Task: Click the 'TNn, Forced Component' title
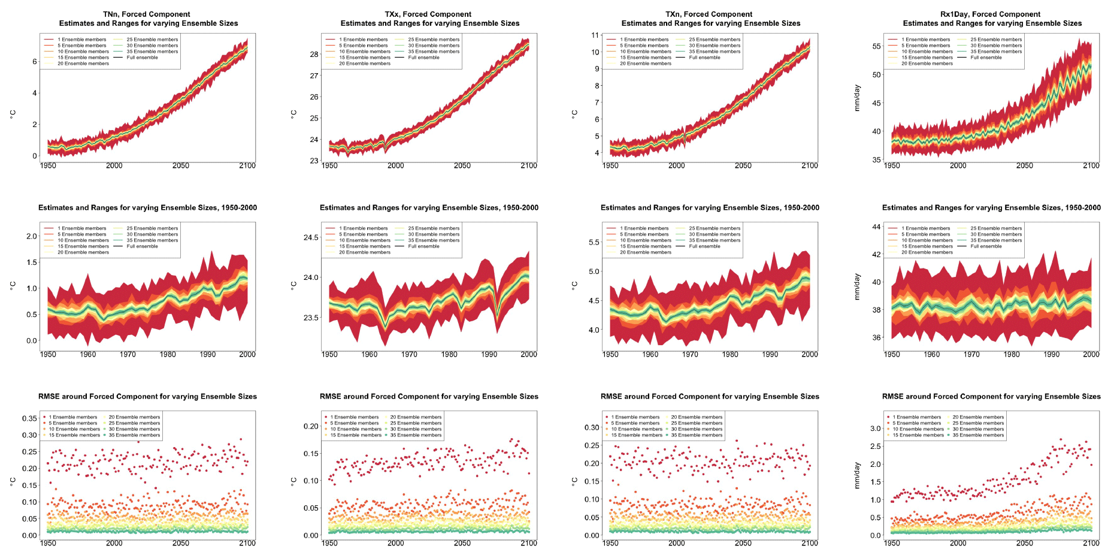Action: [x=147, y=14]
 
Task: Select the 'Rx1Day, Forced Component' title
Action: [x=990, y=14]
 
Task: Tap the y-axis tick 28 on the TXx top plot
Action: [x=314, y=54]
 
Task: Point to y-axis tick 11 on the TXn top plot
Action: [x=595, y=35]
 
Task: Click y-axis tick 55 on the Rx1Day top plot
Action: [x=876, y=46]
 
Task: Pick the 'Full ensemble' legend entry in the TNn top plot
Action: [x=142, y=58]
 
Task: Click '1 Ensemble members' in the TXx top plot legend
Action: [x=363, y=40]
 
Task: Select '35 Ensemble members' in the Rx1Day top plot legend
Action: [x=996, y=52]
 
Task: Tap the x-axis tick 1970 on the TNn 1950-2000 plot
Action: [x=128, y=354]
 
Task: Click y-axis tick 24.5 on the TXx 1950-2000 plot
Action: [x=311, y=237]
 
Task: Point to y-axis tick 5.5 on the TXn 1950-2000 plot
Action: [x=594, y=242]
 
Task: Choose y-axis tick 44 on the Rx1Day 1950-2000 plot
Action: [x=876, y=227]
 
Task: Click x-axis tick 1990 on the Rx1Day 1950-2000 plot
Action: [x=1051, y=354]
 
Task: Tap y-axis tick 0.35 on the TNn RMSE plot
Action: [x=29, y=418]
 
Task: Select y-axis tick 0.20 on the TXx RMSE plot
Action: [x=311, y=426]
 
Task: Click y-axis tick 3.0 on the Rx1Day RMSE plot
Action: [x=875, y=429]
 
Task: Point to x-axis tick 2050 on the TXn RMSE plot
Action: [x=743, y=543]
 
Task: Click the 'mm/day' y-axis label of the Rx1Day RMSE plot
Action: [x=856, y=475]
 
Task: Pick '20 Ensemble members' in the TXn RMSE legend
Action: [x=697, y=417]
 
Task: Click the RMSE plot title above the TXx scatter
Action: [x=429, y=396]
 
